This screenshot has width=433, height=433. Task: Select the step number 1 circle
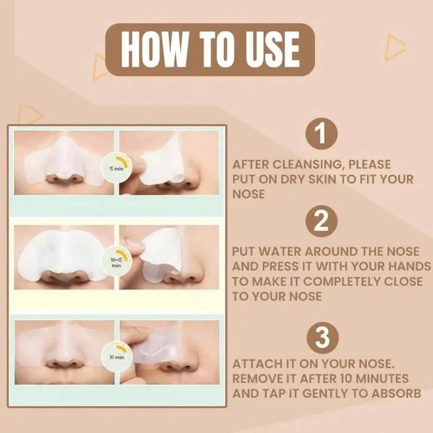tap(321, 133)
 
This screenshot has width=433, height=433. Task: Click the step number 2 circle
tap(321, 222)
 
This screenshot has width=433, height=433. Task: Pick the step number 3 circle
tap(321, 338)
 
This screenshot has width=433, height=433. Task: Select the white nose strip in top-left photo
tap(65, 160)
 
